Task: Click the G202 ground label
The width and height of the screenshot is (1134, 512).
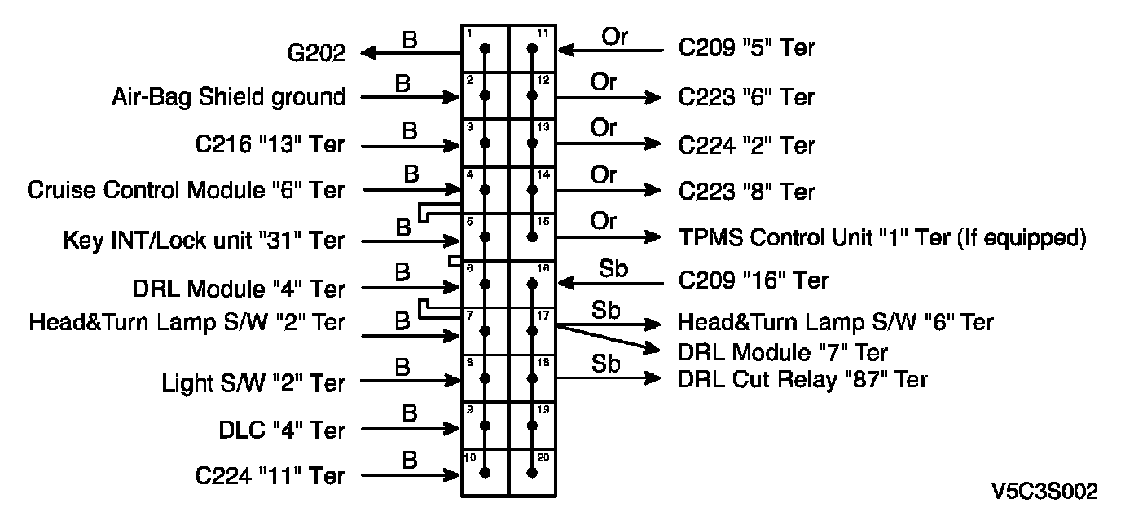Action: click(316, 54)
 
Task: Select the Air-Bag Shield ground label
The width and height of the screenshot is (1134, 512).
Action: click(228, 97)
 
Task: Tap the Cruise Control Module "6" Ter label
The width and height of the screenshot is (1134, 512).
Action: click(186, 191)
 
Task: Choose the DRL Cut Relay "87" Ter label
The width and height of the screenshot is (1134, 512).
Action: click(802, 379)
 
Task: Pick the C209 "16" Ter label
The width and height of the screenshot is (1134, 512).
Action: click(753, 280)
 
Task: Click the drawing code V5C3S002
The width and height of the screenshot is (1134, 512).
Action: click(1044, 491)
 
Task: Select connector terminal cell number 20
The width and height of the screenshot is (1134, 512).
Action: click(533, 473)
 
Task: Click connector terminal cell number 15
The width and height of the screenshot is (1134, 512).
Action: click(533, 237)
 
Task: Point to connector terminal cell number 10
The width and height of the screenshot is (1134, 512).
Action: click(486, 473)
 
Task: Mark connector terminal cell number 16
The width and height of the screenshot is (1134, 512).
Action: click(533, 285)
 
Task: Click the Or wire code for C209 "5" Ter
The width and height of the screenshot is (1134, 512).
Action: click(615, 37)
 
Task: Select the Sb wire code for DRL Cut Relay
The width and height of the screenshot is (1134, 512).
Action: click(605, 364)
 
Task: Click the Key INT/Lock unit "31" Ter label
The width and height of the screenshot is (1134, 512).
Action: click(204, 241)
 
